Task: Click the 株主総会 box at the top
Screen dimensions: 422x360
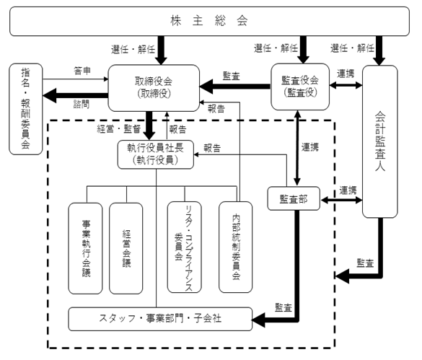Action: click(209, 21)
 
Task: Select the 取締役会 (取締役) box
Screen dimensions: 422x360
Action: click(154, 88)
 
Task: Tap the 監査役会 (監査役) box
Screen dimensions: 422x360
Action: click(300, 87)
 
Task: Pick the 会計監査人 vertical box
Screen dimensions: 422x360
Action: click(379, 141)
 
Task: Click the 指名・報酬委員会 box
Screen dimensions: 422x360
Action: click(26, 109)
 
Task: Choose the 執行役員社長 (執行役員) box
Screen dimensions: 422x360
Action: click(156, 154)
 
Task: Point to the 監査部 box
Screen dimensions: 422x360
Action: click(294, 198)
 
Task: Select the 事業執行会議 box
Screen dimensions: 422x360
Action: click(85, 248)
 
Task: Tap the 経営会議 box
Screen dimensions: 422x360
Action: click(126, 248)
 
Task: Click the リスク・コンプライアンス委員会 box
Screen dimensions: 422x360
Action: click(185, 247)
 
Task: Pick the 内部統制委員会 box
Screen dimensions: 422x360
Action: click(235, 247)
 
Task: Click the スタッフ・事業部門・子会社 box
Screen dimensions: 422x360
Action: click(160, 319)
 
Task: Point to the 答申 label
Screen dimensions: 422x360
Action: click(82, 71)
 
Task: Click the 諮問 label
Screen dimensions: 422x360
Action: click(82, 104)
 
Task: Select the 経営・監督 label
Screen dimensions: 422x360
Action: click(119, 129)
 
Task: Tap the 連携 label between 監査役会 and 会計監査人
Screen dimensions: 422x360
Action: click(346, 74)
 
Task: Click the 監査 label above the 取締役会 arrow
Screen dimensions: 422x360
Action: click(231, 76)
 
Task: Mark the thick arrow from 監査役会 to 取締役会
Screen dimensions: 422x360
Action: click(235, 87)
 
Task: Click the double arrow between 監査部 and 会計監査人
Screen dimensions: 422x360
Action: click(341, 200)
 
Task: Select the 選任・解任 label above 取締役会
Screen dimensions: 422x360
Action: click(133, 50)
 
